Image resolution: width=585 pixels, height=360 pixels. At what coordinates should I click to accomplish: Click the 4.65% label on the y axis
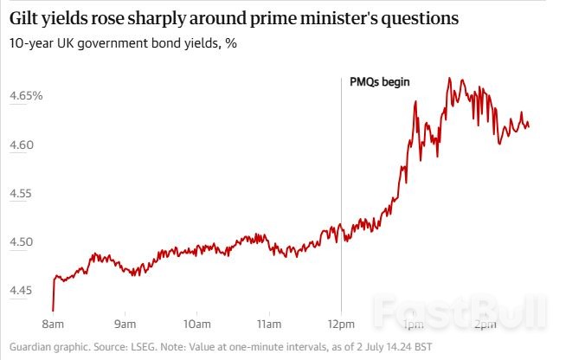[26, 95]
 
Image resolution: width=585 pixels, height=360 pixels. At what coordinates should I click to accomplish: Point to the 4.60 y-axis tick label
[23, 145]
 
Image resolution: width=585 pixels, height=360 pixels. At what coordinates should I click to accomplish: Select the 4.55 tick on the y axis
[23, 193]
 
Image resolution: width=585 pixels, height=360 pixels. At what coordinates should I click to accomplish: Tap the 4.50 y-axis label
[23, 242]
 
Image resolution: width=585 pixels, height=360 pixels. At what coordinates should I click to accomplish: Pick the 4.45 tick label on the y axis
[23, 291]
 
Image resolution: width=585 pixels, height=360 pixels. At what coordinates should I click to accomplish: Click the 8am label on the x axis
[53, 325]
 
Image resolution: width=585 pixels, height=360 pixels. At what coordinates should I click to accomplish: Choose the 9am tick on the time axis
[125, 325]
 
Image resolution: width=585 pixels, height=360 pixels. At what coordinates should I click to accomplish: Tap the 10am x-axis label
[196, 325]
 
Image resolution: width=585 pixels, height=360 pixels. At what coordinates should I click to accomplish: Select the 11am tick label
[269, 325]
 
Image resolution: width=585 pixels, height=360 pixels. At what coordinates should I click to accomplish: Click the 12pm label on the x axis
[341, 325]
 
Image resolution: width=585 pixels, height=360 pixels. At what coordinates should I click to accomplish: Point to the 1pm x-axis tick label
[413, 325]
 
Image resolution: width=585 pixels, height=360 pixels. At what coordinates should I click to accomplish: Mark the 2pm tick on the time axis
[485, 325]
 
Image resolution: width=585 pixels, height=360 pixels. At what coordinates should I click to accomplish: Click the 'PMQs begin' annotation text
[379, 82]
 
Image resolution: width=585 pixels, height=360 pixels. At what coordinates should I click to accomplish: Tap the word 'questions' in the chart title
[420, 17]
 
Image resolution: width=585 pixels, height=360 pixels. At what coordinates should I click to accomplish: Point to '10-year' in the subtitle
[32, 43]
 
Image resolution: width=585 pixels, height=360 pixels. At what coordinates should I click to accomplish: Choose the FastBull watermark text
[460, 312]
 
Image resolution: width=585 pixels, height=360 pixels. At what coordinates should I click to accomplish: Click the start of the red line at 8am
[54, 309]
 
